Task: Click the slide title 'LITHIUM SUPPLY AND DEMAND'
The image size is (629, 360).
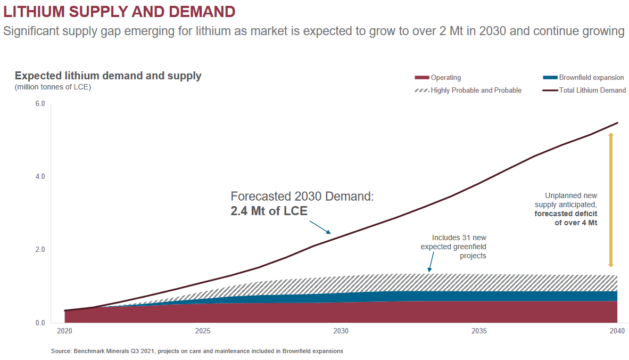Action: [119, 11]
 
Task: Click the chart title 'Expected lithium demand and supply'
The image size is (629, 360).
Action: [108, 76]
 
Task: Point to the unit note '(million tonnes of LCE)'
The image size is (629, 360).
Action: [53, 87]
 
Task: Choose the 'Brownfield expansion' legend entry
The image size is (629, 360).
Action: [584, 78]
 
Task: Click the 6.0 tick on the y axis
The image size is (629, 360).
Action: [39, 103]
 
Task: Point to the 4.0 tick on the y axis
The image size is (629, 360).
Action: [39, 176]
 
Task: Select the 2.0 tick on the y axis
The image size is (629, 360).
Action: [39, 249]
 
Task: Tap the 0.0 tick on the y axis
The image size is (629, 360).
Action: [39, 323]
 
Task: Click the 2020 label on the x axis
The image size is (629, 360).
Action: [64, 331]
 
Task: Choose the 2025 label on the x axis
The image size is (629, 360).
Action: [203, 331]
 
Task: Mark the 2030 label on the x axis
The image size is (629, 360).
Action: [341, 331]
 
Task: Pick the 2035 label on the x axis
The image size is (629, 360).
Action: [479, 331]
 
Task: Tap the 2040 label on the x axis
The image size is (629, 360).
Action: [617, 331]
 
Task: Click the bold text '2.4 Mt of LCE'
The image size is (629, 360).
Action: [269, 211]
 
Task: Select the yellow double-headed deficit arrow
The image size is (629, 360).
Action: [611, 200]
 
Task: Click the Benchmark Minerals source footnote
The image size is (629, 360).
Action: [197, 351]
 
